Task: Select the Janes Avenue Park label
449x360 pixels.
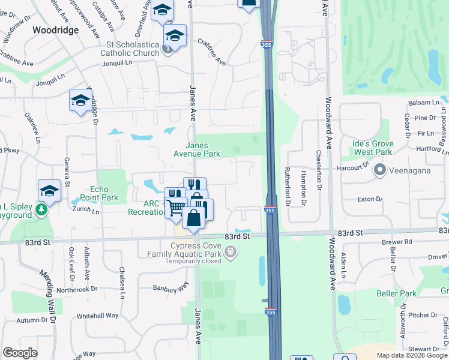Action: [203, 149]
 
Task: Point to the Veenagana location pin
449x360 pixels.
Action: [379, 170]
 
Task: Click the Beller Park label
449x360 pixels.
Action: [396, 293]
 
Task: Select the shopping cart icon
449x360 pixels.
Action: [175, 208]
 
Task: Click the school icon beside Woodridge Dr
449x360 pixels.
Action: [80, 101]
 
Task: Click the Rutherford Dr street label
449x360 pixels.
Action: [288, 187]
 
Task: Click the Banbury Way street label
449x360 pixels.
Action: [170, 289]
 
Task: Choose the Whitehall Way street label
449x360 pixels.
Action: [98, 316]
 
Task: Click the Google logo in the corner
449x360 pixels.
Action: [20, 353]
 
